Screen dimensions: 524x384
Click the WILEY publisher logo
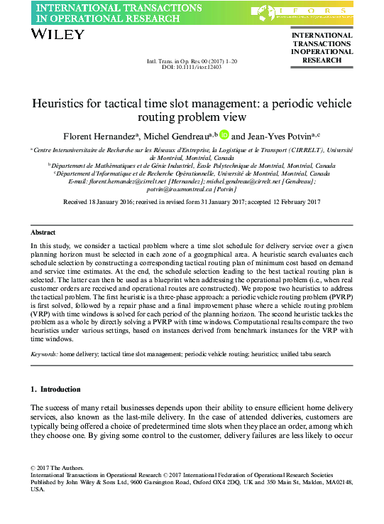(54, 34)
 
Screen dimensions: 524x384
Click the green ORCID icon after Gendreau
(224, 134)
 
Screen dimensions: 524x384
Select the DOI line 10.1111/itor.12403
(192, 67)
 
